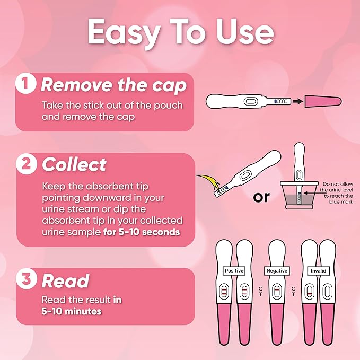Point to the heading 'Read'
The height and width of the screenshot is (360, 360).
pyautogui.click(x=65, y=280)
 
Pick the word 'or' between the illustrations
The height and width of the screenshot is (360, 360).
pyautogui.click(x=261, y=197)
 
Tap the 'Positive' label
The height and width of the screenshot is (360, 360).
pyautogui.click(x=234, y=270)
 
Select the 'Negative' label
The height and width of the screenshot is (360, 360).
pyautogui.click(x=276, y=270)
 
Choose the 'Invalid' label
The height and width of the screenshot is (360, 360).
pyautogui.click(x=318, y=270)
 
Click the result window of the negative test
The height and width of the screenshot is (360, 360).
pyautogui.click(x=276, y=293)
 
